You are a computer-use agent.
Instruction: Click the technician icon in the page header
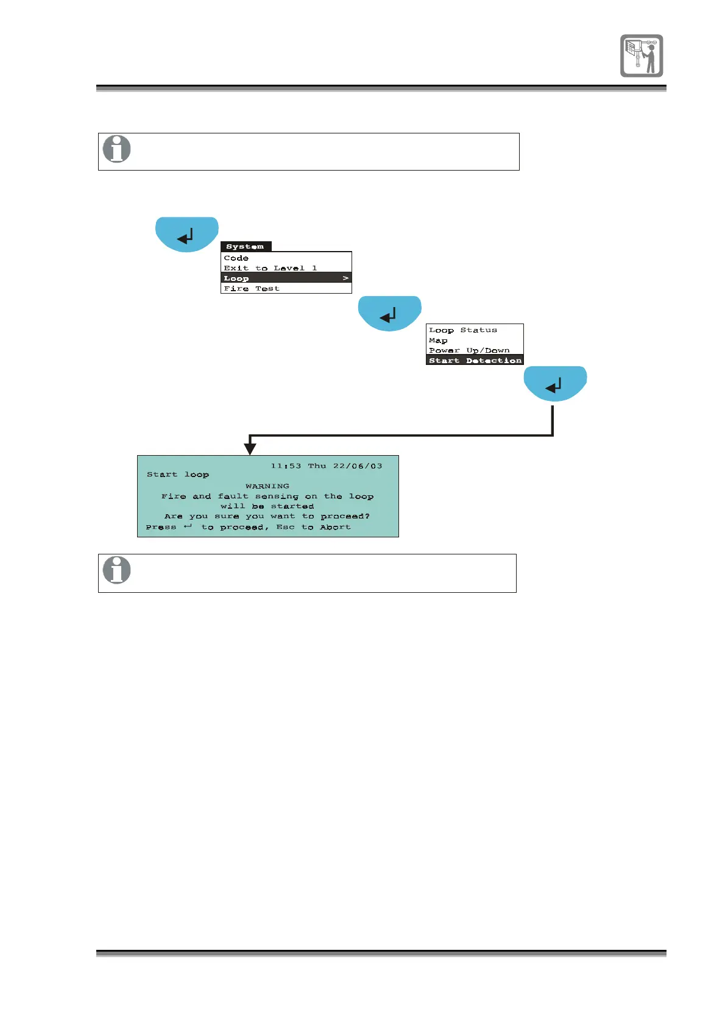click(642, 55)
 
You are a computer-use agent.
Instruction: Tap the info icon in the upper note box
click(116, 149)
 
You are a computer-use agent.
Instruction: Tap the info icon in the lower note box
click(116, 570)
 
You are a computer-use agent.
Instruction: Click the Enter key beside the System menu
click(187, 234)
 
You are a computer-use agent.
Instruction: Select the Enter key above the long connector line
click(555, 383)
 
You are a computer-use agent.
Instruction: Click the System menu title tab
click(245, 247)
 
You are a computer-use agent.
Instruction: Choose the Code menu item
click(236, 258)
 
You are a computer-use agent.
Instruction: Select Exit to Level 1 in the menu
click(270, 268)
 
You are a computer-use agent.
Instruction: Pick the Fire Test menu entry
click(252, 289)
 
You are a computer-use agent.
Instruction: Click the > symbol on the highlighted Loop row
click(345, 278)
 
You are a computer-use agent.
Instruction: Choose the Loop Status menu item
click(463, 330)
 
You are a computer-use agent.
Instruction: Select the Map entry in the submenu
click(438, 341)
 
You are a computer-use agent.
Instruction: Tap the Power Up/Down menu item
click(469, 350)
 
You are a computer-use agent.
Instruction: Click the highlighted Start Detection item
click(475, 361)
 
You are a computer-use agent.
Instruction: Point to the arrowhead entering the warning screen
click(250, 450)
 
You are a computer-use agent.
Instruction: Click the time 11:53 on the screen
click(286, 466)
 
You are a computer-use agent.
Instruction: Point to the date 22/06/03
click(358, 466)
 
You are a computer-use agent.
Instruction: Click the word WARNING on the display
click(267, 486)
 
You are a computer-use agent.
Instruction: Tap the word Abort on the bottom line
click(335, 527)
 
